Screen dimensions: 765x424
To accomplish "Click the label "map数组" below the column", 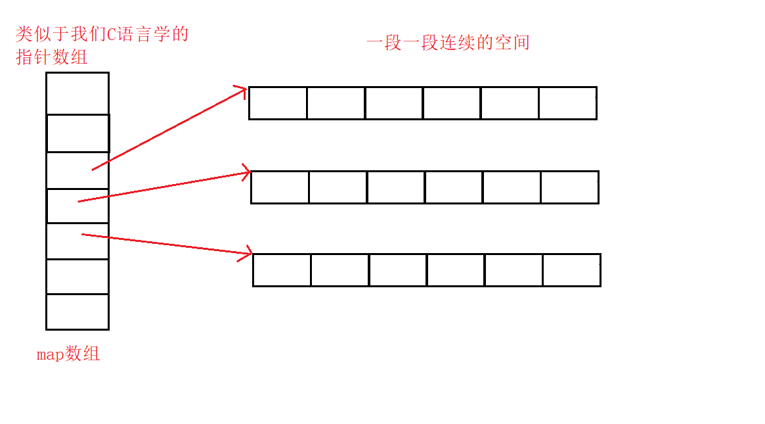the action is point(68,354).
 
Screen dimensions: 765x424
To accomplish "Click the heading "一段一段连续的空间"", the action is point(448,43).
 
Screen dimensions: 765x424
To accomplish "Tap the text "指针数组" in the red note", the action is point(52,57).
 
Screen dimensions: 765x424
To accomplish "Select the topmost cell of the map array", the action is point(77,93).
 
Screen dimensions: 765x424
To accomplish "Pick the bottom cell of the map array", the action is point(77,312).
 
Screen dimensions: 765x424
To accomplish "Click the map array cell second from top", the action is point(77,133).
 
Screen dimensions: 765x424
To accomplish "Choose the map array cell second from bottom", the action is point(77,276).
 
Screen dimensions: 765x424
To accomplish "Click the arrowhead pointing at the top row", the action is point(242,90).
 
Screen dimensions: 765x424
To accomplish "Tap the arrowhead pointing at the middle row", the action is point(246,173).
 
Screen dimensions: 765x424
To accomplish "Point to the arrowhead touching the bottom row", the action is point(248,252).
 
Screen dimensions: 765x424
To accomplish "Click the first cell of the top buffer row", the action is point(278,103).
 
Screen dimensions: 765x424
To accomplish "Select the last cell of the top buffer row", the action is point(567,103).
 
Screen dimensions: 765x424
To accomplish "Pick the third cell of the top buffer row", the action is point(394,103).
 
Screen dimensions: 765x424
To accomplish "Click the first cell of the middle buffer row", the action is point(280,187).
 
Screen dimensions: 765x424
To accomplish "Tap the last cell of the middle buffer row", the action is point(569,187).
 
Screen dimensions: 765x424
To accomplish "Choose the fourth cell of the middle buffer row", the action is point(454,187).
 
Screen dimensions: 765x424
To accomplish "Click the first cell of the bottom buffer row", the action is point(282,270).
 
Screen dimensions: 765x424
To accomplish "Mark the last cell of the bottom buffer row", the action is point(571,270).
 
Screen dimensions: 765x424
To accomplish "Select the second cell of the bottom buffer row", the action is point(339,270).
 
